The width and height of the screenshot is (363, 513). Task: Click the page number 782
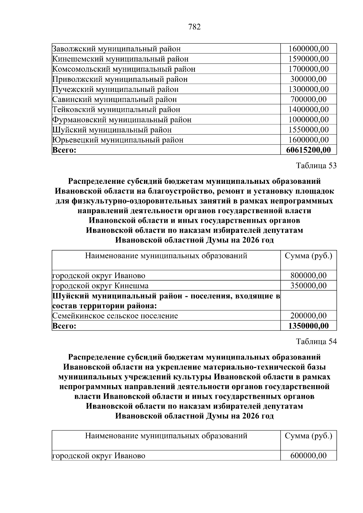click(194, 27)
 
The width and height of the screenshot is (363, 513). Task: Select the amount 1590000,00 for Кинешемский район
click(308, 59)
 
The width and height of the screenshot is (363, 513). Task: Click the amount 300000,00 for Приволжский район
click(308, 79)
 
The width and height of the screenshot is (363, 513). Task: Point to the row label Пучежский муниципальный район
click(115, 89)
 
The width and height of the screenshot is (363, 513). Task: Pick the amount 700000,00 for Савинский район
click(308, 99)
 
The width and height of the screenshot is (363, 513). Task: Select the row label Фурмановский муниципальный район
click(122, 120)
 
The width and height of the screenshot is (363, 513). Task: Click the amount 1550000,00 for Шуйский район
click(308, 130)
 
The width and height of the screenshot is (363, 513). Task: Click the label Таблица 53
click(316, 166)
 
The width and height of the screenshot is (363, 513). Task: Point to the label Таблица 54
click(316, 342)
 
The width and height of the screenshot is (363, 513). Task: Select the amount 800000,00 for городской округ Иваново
click(308, 276)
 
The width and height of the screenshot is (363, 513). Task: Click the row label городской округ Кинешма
click(100, 286)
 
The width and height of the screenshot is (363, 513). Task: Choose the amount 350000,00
click(308, 286)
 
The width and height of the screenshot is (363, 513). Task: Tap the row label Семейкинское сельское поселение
click(115, 316)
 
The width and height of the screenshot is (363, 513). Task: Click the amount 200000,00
click(308, 316)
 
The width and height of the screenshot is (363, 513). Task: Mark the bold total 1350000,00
click(308, 326)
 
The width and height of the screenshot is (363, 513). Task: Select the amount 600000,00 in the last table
click(308, 456)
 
